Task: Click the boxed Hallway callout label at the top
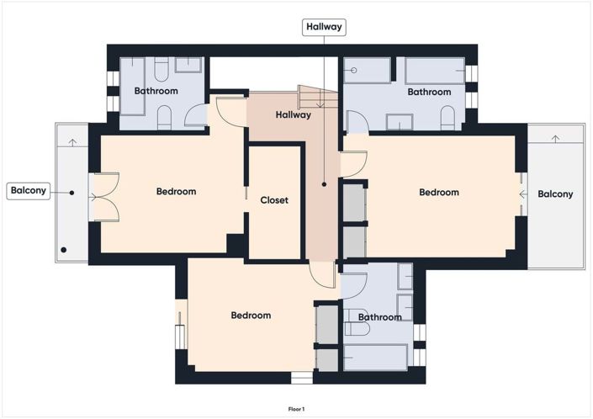tap(324, 27)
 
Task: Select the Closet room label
tap(274, 200)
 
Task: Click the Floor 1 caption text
tap(295, 408)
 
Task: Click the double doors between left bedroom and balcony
tap(103, 196)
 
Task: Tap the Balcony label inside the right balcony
tap(555, 194)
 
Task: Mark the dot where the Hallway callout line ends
tap(324, 184)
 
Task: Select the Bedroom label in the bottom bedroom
tap(251, 316)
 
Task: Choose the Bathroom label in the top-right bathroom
tap(429, 92)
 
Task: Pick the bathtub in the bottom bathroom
tap(375, 356)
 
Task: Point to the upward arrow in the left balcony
tap(72, 140)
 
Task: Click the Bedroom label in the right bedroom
tap(439, 193)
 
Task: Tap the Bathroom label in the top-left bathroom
tap(156, 91)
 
